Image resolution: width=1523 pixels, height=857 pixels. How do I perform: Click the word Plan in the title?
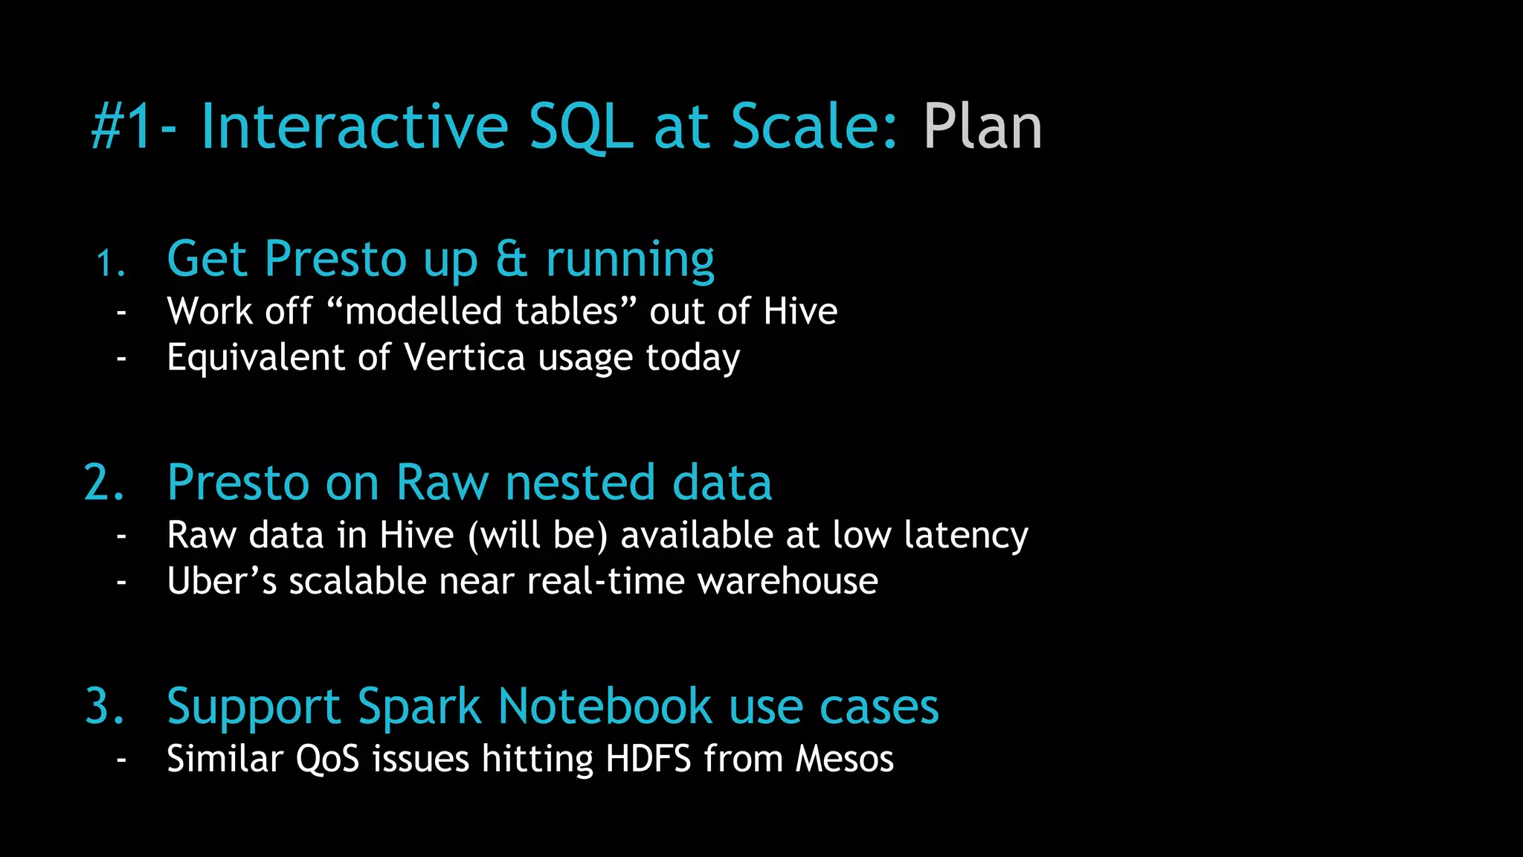pos(982,126)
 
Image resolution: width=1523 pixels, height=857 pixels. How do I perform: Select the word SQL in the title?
pos(580,126)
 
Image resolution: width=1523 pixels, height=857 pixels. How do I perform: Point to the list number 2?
pos(104,482)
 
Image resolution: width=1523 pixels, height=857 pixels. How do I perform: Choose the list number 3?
pos(104,705)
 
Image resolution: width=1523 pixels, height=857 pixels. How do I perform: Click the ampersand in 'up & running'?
pos(512,260)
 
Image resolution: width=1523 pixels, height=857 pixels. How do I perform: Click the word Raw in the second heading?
pos(442,482)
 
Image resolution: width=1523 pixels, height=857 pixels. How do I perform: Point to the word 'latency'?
pos(966,536)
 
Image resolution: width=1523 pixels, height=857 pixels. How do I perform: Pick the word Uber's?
pos(222,581)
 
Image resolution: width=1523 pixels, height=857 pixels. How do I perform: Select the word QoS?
pos(327,760)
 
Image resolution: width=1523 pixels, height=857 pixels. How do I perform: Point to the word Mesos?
pos(844,759)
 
